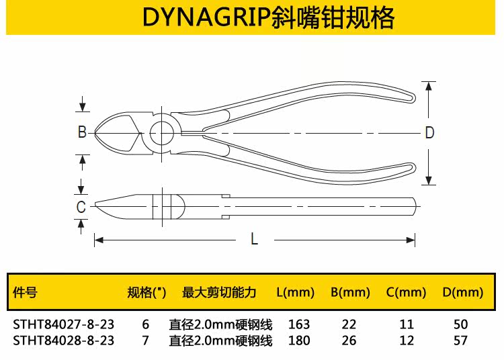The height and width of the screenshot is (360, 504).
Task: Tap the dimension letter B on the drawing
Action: (82, 132)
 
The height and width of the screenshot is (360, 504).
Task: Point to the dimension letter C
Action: (81, 207)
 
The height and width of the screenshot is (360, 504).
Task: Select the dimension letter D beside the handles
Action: (429, 132)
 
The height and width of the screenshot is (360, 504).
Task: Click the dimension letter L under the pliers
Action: (254, 238)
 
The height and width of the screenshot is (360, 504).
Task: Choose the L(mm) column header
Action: (296, 292)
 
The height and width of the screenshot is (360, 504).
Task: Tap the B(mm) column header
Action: (350, 292)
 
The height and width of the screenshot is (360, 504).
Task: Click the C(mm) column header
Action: (407, 292)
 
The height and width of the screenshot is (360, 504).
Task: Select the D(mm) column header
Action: (462, 292)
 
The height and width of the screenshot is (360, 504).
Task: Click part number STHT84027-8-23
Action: (64, 324)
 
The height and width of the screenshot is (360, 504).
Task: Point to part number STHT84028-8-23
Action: (64, 341)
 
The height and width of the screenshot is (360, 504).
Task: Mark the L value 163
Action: (298, 324)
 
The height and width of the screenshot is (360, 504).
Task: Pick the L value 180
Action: (298, 341)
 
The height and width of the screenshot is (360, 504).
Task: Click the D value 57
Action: (460, 341)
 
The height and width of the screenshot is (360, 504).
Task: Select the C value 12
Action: (407, 341)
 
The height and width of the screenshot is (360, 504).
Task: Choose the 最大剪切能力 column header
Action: (219, 292)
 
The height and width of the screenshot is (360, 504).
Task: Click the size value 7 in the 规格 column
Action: (146, 341)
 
